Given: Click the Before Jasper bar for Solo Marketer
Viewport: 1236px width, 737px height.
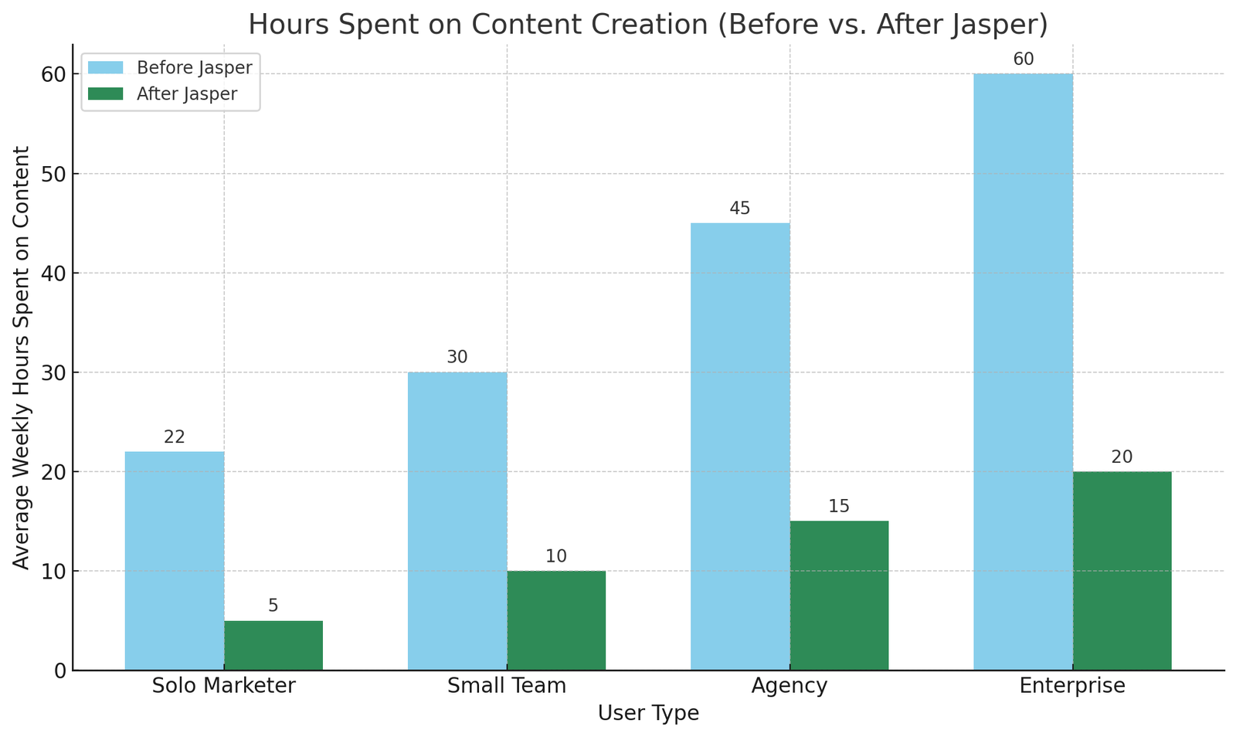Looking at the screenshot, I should (175, 561).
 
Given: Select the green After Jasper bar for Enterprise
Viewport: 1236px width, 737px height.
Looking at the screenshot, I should (1122, 571).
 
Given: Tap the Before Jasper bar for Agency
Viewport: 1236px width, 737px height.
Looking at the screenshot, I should (740, 447).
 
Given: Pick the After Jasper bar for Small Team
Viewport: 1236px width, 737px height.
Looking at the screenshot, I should (556, 620).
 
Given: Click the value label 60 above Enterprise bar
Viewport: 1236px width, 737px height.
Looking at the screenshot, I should (1024, 59).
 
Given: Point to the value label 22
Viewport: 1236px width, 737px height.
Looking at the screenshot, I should (175, 437).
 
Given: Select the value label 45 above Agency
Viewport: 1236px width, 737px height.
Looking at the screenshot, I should (740, 209).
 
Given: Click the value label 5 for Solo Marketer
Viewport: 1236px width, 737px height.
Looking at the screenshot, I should (273, 606).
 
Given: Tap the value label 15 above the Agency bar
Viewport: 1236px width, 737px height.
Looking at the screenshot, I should (839, 507).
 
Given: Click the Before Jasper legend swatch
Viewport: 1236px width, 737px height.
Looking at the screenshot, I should (105, 68).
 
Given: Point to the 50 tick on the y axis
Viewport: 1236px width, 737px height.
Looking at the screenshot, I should (53, 174).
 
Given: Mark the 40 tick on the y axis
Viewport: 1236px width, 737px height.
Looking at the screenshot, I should (53, 273).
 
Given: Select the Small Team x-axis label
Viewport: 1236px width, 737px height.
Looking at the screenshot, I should (507, 686).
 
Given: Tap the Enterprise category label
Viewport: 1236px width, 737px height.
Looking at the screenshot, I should (1072, 686).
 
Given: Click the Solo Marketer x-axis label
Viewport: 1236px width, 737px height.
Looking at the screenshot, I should (224, 686).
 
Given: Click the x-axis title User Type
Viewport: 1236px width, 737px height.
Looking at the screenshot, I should (648, 714).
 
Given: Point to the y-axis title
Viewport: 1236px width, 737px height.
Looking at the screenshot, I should (22, 358).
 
